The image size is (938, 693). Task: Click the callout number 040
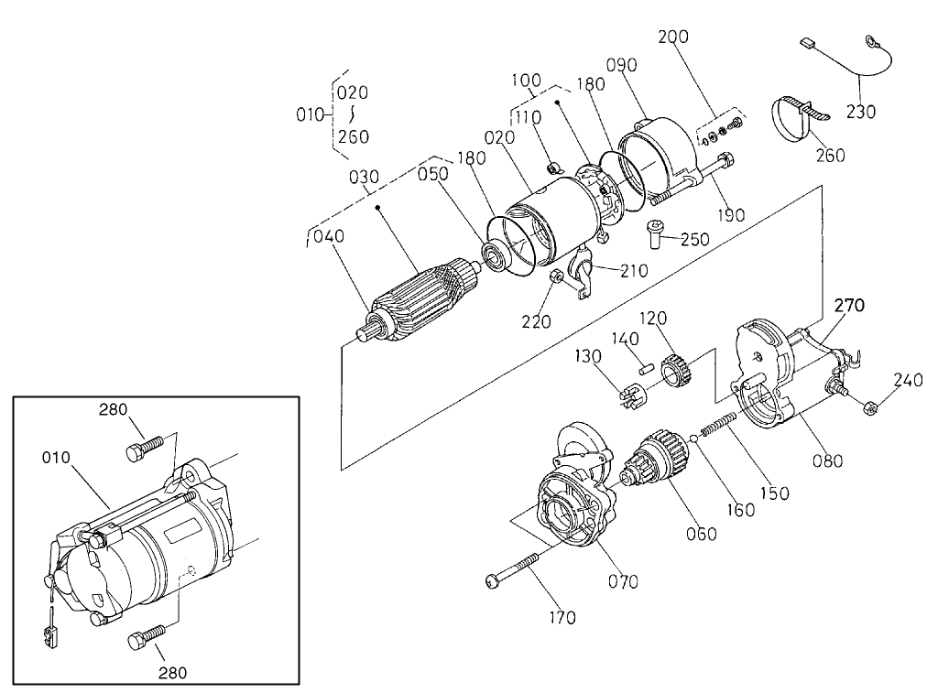(328, 236)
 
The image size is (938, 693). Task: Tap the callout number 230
(861, 112)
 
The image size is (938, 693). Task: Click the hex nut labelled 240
(871, 406)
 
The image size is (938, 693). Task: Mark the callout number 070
(624, 580)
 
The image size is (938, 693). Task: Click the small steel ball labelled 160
(695, 439)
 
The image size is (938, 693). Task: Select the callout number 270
(848, 304)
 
